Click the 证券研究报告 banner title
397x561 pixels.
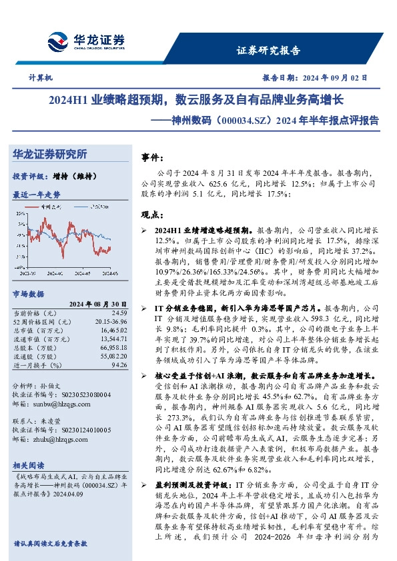tap(268, 51)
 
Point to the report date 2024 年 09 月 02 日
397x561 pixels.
tap(313, 78)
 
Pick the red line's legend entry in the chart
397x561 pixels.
tap(48, 207)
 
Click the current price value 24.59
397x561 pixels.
tap(119, 312)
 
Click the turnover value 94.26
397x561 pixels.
tap(119, 365)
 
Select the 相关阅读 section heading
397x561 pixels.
tap(29, 465)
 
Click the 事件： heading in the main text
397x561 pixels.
tap(153, 157)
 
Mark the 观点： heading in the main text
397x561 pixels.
tap(153, 215)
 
